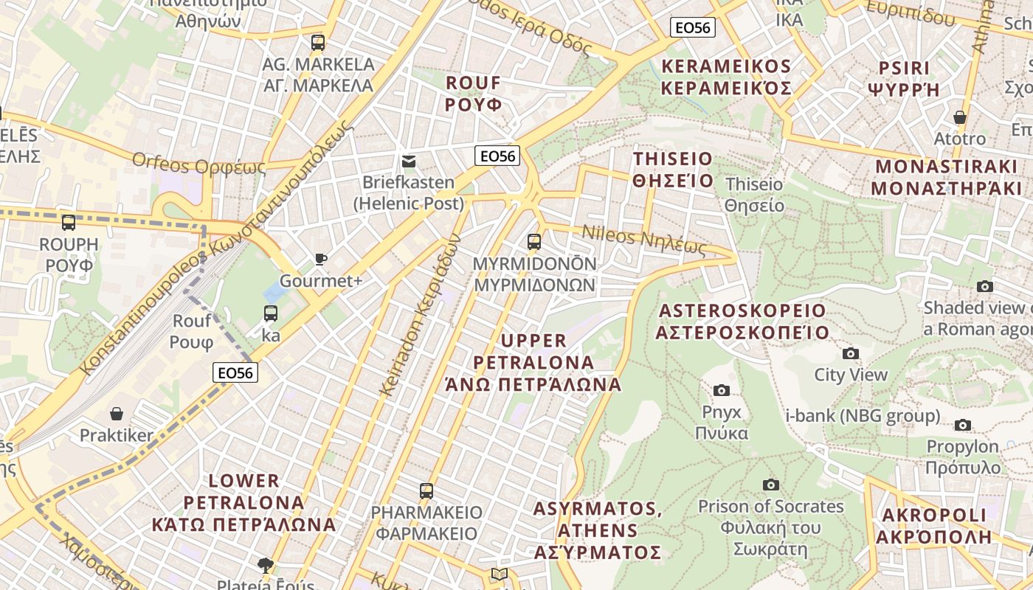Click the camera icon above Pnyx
[x=722, y=390]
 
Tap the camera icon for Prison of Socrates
[x=771, y=485]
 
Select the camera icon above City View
[x=851, y=353]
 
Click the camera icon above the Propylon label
[x=962, y=425]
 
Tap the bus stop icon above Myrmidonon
[x=533, y=241]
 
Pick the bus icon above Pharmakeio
[x=426, y=490]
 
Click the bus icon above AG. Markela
[x=318, y=42]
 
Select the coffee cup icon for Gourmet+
[x=320, y=259]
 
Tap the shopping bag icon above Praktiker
[x=117, y=414]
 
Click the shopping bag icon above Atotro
[x=959, y=117]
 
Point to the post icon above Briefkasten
[x=408, y=161]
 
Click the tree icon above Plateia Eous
[x=265, y=566]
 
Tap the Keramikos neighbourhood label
[x=726, y=77]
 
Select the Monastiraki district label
[x=946, y=177]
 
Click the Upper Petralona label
[x=533, y=362]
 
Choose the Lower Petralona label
[x=243, y=503]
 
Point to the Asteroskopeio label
[x=742, y=321]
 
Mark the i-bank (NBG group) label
[x=863, y=416]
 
